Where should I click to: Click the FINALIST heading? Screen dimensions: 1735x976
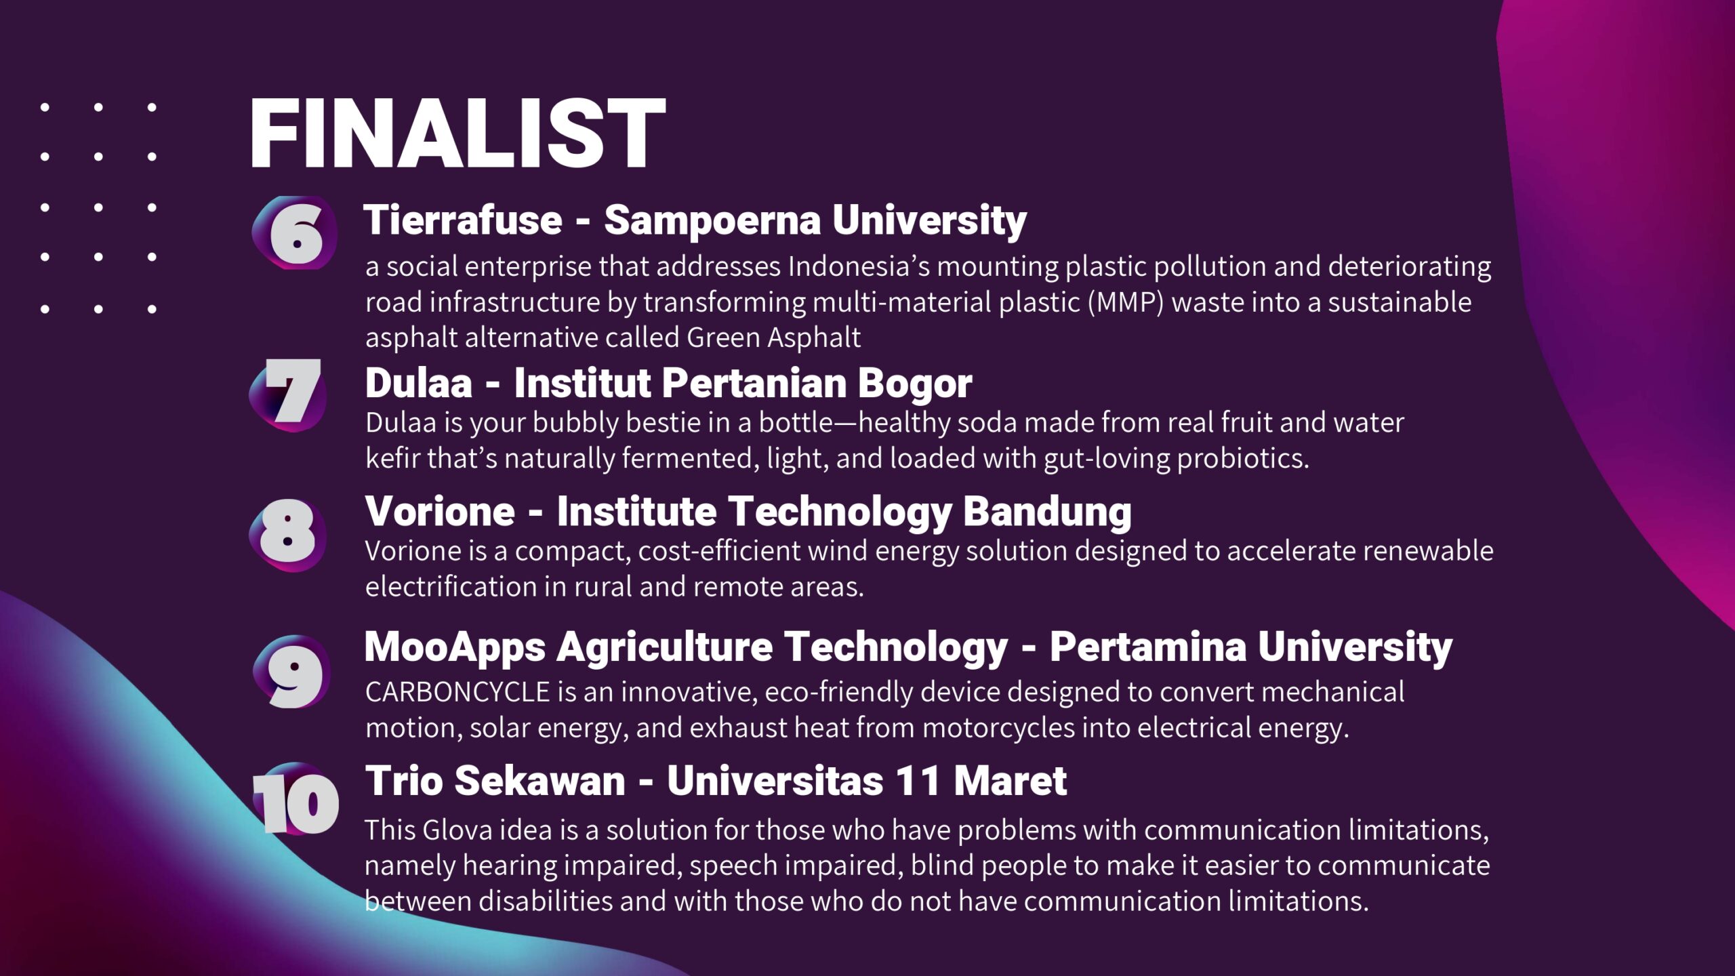pyautogui.click(x=458, y=133)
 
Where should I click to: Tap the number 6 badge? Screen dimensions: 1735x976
pyautogui.click(x=295, y=232)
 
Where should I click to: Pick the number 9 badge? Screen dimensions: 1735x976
pyautogui.click(x=292, y=672)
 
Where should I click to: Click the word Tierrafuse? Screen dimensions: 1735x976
pyautogui.click(x=463, y=220)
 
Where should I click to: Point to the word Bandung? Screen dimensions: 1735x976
pyautogui.click(x=1047, y=512)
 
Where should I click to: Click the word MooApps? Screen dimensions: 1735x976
pyautogui.click(x=455, y=648)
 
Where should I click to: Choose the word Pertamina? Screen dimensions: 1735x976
pyautogui.click(x=1148, y=647)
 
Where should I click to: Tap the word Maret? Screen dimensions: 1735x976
pyautogui.click(x=1011, y=781)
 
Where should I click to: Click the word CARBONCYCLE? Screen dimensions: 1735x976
pyautogui.click(x=457, y=692)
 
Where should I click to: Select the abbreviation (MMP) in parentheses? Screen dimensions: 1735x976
pyautogui.click(x=1126, y=302)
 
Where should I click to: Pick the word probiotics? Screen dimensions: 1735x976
pyautogui.click(x=1243, y=459)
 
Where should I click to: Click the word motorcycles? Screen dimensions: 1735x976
pyautogui.click(x=998, y=728)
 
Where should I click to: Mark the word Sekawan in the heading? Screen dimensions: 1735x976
pyautogui.click(x=539, y=781)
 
